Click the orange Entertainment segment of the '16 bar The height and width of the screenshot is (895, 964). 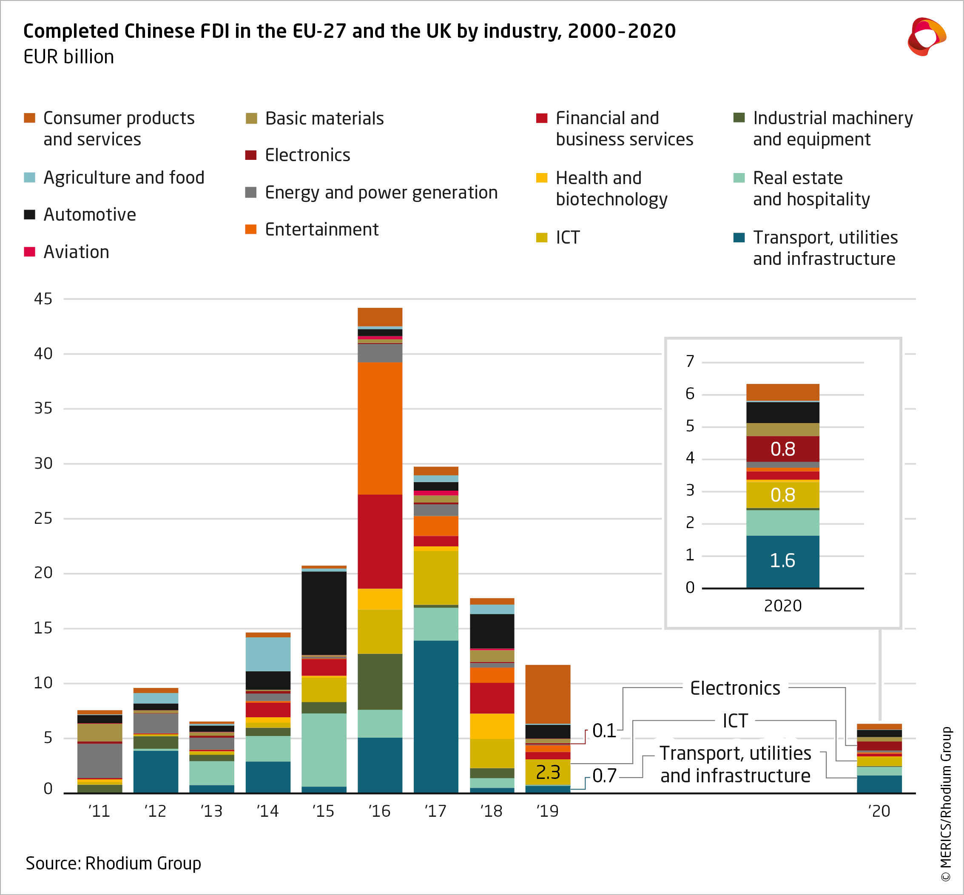pyautogui.click(x=380, y=428)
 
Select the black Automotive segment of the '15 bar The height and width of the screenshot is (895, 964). pyautogui.click(x=324, y=613)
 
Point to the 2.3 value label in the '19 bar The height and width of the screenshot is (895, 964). pyautogui.click(x=548, y=772)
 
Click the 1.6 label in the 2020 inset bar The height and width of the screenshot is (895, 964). pyautogui.click(x=782, y=560)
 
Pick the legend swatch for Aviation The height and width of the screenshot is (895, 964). pyautogui.click(x=29, y=252)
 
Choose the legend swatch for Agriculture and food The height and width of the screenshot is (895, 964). pyautogui.click(x=29, y=177)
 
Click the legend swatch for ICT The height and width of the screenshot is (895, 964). pyautogui.click(x=542, y=237)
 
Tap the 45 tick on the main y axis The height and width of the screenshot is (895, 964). pyautogui.click(x=43, y=299)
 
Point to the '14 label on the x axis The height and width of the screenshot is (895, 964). pyautogui.click(x=267, y=811)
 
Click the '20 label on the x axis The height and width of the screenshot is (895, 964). pyautogui.click(x=879, y=811)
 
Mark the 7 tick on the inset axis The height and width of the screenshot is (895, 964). pyautogui.click(x=690, y=361)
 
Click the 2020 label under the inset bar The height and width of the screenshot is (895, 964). pyautogui.click(x=782, y=605)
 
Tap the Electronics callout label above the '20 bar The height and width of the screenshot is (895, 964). pyautogui.click(x=735, y=688)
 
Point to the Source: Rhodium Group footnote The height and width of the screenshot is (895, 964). pyautogui.click(x=114, y=863)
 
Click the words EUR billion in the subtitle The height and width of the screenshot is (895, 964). pyautogui.click(x=69, y=57)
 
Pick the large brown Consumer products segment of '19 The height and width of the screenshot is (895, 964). pyautogui.click(x=548, y=694)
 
